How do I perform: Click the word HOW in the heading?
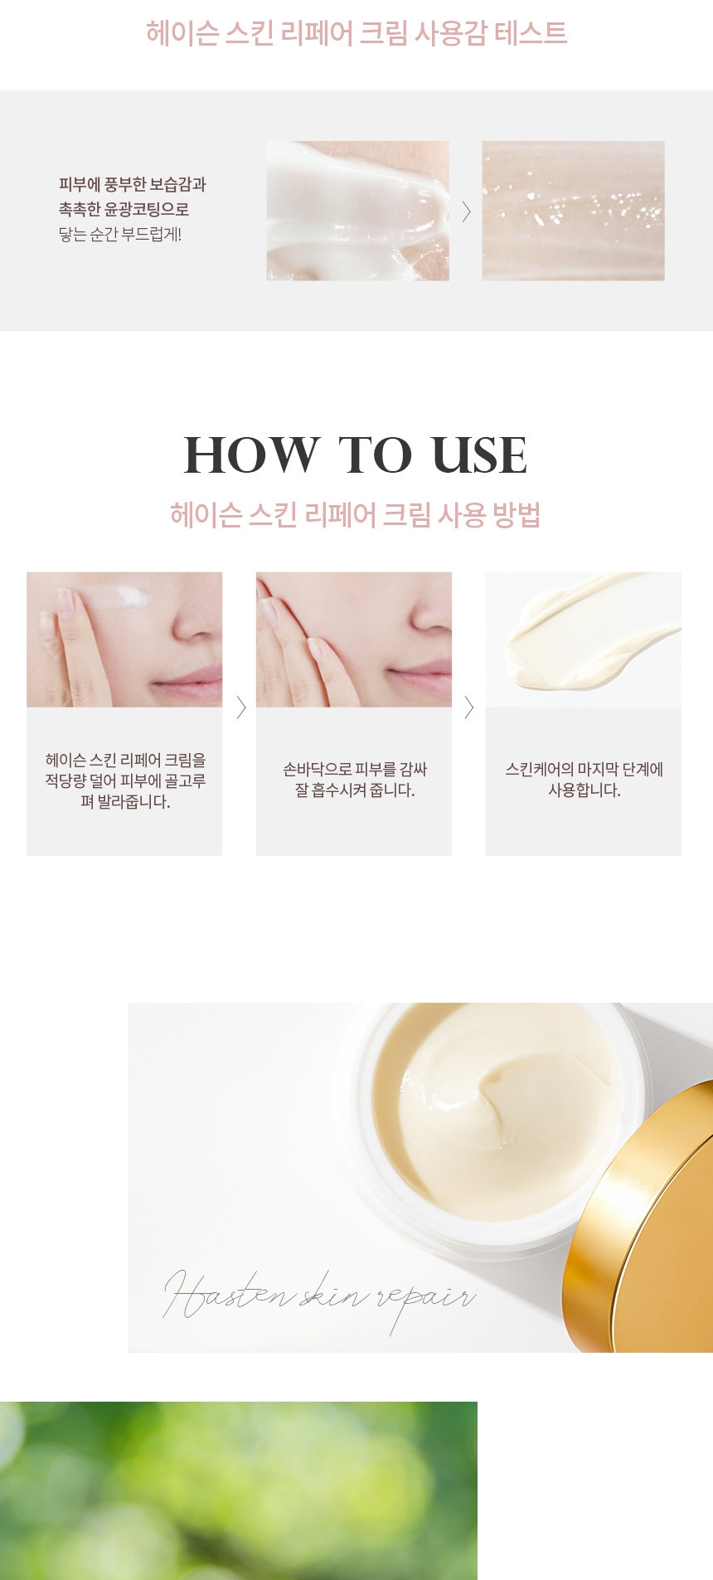(251, 455)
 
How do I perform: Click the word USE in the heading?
(479, 455)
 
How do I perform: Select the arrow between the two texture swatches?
(466, 211)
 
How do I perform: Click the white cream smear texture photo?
(357, 211)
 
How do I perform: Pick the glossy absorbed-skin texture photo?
(573, 211)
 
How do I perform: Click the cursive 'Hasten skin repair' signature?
(319, 1298)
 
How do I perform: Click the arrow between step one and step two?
(241, 707)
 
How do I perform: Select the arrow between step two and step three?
(469, 707)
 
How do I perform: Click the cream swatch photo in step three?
(584, 639)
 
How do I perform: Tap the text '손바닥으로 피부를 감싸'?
(355, 770)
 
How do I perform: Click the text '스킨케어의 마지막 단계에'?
(584, 770)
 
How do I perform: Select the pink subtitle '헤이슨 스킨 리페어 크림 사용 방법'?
(356, 515)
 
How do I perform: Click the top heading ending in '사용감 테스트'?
(356, 33)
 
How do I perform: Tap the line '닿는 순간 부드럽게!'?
(120, 235)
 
